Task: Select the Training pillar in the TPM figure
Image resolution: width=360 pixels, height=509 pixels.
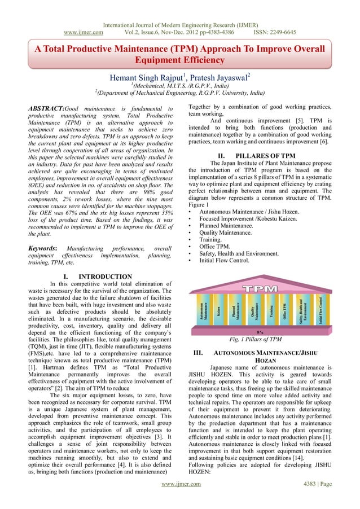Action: point(271,309)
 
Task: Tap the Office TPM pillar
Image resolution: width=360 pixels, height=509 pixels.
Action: point(286,309)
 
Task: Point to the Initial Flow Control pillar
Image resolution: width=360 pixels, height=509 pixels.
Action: point(319,309)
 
